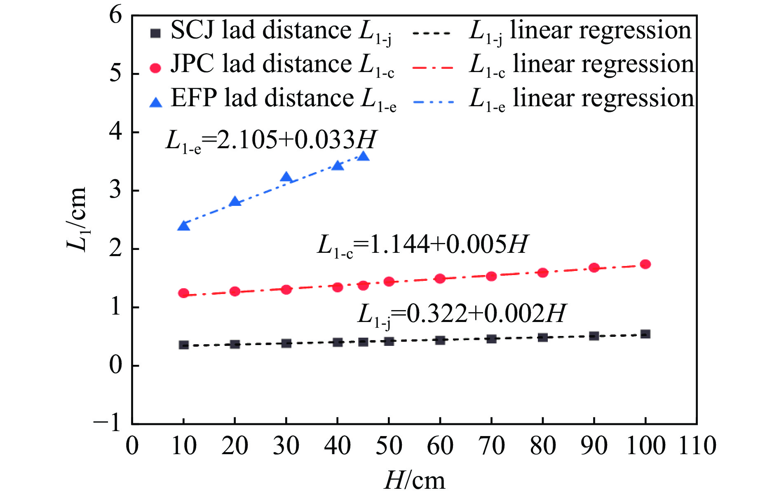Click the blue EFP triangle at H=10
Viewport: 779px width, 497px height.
point(183,226)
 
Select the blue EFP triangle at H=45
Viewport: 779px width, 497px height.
point(363,156)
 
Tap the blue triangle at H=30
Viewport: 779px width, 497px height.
point(286,177)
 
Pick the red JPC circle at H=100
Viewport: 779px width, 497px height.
point(645,264)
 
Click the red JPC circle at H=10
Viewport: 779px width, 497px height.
point(183,293)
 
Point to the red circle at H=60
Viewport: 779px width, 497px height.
point(440,278)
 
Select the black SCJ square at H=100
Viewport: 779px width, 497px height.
point(645,334)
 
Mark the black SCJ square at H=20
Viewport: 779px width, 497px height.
point(235,344)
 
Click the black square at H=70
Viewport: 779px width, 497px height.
point(491,339)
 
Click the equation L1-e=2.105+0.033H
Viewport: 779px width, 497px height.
point(271,140)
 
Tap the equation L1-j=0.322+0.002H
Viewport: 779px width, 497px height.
point(461,315)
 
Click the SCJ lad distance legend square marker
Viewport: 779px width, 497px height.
point(155,33)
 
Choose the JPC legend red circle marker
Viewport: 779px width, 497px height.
point(155,68)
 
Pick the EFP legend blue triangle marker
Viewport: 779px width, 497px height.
point(155,102)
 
